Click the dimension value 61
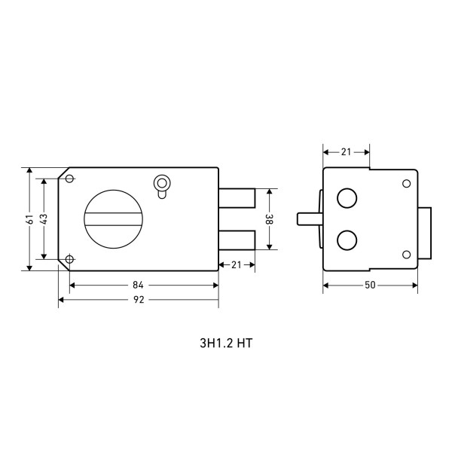(x=30, y=218)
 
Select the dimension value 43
(x=44, y=218)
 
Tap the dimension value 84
(x=138, y=285)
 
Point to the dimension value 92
(x=139, y=300)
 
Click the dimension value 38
(x=270, y=219)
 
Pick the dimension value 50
(x=370, y=285)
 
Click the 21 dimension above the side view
(x=346, y=152)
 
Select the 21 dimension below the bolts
(x=236, y=264)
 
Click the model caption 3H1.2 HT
(x=226, y=343)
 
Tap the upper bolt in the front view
(x=237, y=198)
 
